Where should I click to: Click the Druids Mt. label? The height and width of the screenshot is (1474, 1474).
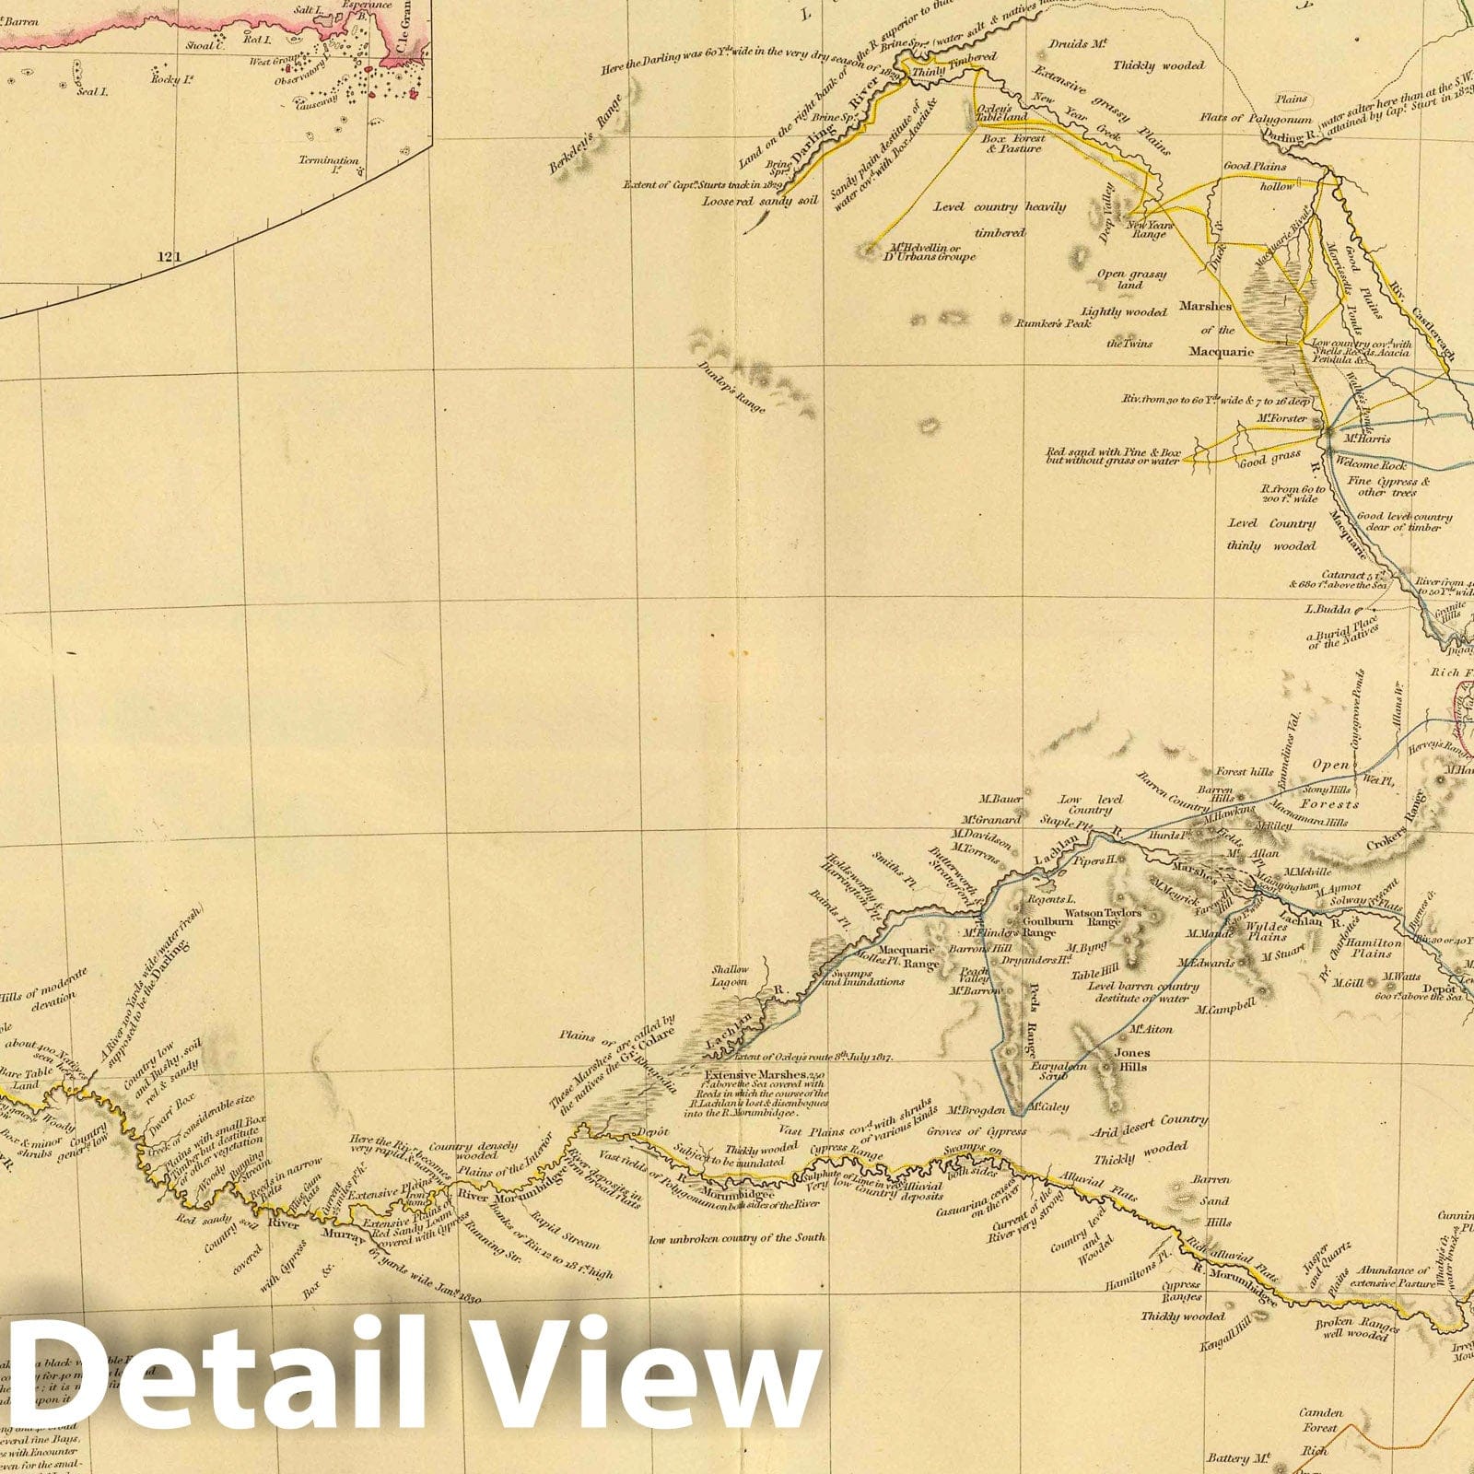[x=1069, y=44]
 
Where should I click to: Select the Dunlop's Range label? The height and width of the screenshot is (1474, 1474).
[x=735, y=390]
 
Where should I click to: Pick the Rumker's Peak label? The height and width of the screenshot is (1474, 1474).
[x=1053, y=323]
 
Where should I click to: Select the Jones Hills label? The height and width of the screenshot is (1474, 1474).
[x=1131, y=1059]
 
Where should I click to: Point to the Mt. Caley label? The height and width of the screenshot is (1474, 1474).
[x=1048, y=1106]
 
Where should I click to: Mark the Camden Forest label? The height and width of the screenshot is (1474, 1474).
[x=1321, y=1420]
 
